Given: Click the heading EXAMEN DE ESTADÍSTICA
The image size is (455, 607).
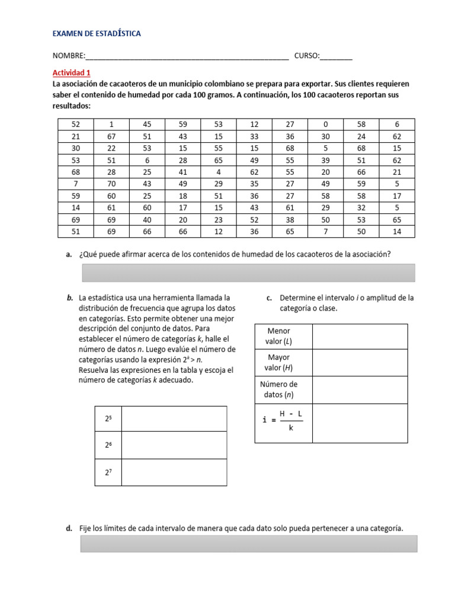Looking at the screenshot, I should pos(97,34).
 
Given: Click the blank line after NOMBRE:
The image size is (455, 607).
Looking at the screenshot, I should pos(187,57).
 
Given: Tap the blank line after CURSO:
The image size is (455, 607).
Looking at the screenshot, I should pos(336,57).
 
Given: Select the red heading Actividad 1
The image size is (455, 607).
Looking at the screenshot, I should pos(72,73).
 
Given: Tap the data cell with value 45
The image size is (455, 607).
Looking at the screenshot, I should pos(147,124).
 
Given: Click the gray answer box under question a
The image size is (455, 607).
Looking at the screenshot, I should pos(247,273).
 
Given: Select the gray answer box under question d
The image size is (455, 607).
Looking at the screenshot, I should pos(248,544).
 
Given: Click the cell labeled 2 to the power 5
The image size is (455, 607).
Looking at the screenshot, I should pos(108,418).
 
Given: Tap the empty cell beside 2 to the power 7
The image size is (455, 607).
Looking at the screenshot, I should pos(174,472).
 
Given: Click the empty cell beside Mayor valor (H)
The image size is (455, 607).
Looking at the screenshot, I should pos(360,362).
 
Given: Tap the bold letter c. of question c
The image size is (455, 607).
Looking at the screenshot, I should pos(270,298).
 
